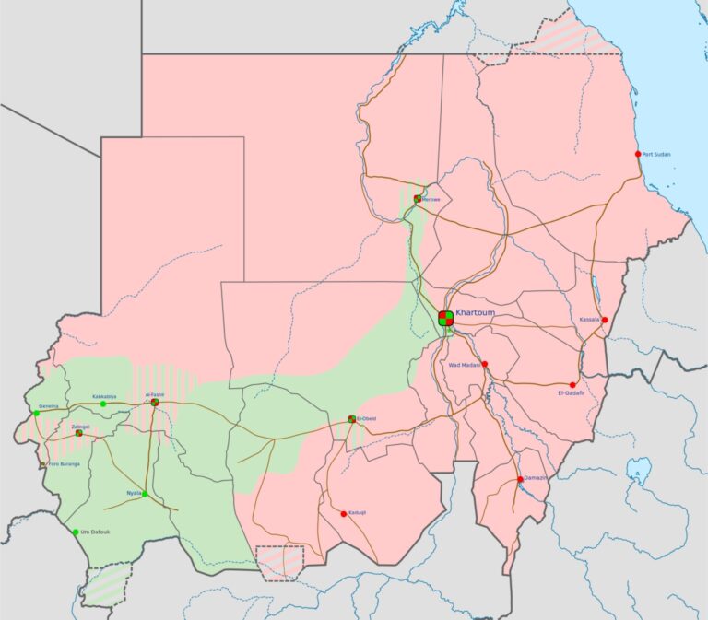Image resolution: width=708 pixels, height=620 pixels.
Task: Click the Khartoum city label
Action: (476, 313)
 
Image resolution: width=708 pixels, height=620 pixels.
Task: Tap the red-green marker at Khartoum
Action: (446, 319)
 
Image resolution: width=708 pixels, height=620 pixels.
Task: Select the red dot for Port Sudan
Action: (638, 154)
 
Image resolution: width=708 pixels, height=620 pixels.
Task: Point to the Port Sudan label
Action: (660, 154)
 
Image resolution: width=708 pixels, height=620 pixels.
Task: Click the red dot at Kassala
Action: (605, 320)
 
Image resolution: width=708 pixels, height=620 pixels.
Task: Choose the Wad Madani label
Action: (465, 365)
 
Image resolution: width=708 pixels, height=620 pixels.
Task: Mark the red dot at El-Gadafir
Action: (572, 385)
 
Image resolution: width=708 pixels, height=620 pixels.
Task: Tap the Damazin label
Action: (537, 478)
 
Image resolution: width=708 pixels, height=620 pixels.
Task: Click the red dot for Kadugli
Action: (344, 514)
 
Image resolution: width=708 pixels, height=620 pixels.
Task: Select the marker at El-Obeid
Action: (352, 419)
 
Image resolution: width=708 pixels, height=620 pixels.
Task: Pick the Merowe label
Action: (431, 199)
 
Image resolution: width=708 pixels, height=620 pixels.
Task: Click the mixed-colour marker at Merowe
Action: (418, 198)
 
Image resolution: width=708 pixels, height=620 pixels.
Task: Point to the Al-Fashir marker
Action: (155, 403)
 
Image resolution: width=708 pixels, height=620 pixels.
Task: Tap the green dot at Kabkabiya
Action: (103, 404)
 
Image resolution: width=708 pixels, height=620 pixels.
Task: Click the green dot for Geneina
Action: (37, 414)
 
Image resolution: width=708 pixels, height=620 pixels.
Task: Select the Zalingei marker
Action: (79, 433)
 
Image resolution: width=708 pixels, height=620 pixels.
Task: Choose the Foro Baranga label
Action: (65, 463)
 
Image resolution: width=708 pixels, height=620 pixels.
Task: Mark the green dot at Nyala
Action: (145, 494)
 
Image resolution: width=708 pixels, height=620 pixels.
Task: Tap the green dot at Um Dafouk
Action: (76, 532)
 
